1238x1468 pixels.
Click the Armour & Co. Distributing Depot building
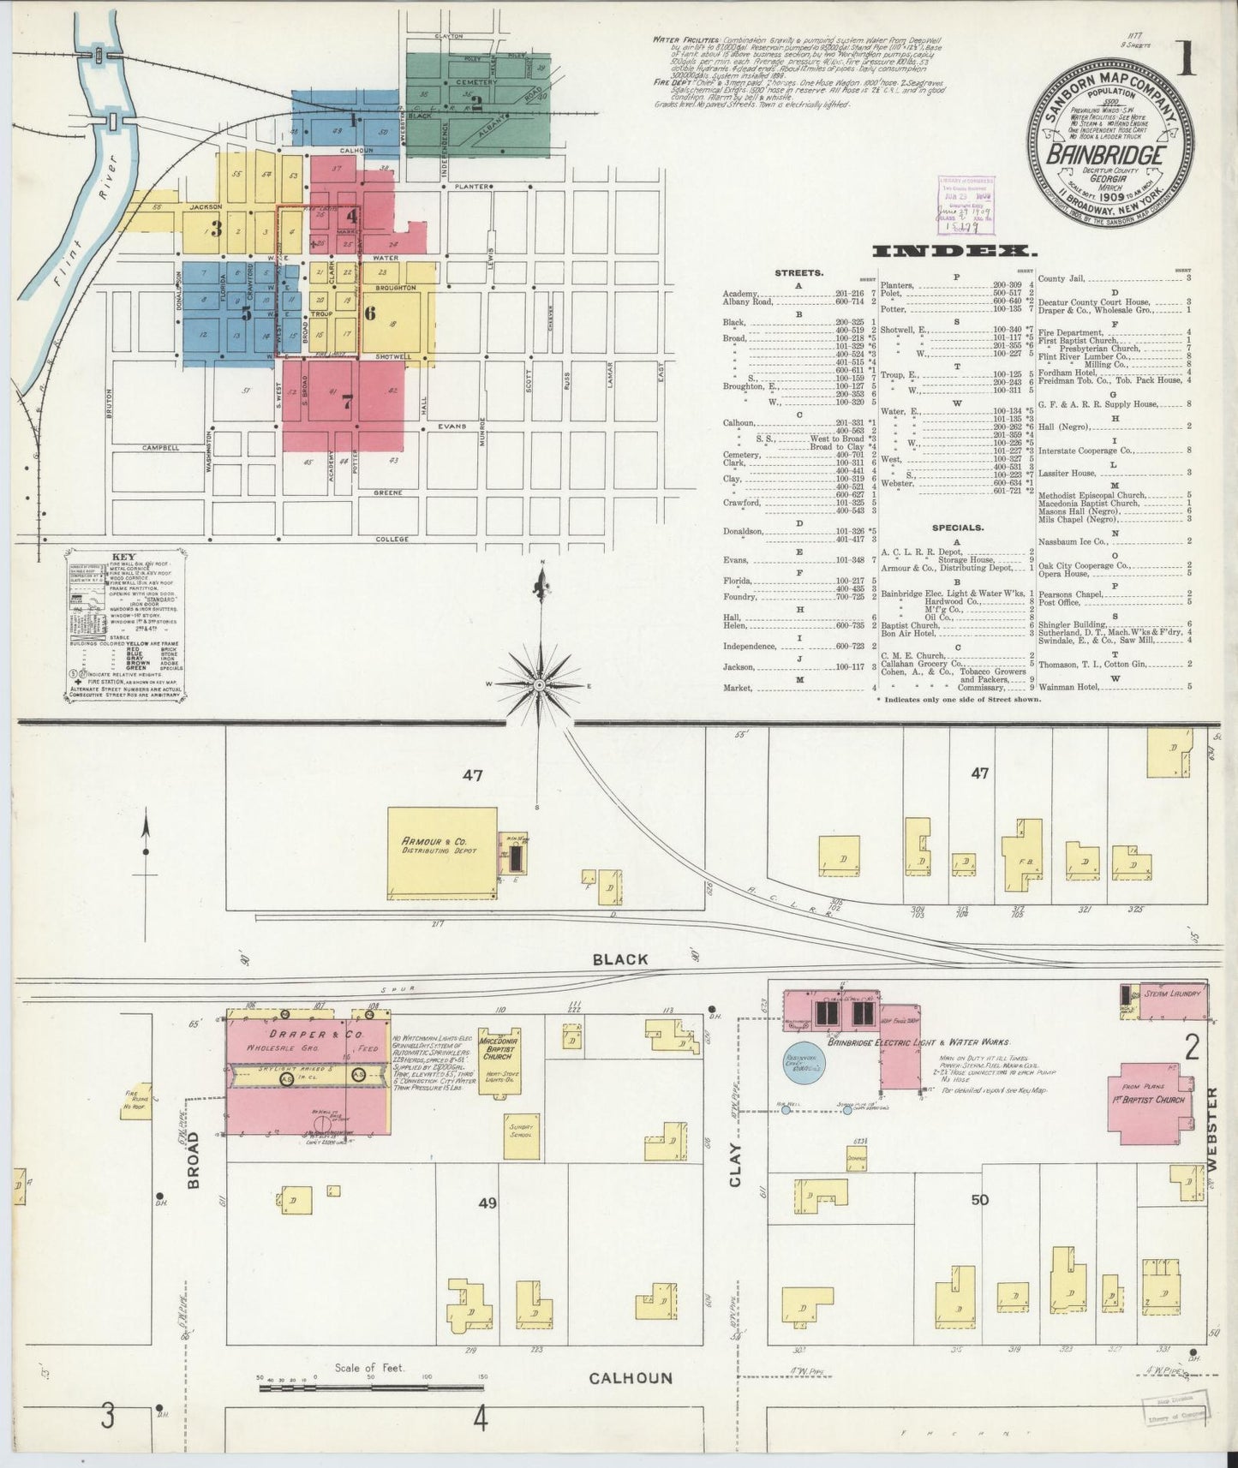point(442,853)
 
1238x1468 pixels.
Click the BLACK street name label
point(620,959)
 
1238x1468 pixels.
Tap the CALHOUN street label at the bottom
point(631,1378)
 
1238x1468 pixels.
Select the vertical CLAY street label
point(735,1165)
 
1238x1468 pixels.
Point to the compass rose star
point(539,685)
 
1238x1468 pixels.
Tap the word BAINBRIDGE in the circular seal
point(1106,156)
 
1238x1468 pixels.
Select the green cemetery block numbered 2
point(477,104)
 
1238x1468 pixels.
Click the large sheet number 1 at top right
point(1186,62)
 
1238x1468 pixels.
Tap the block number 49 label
point(487,1202)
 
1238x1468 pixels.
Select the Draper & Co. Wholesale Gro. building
point(306,1071)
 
